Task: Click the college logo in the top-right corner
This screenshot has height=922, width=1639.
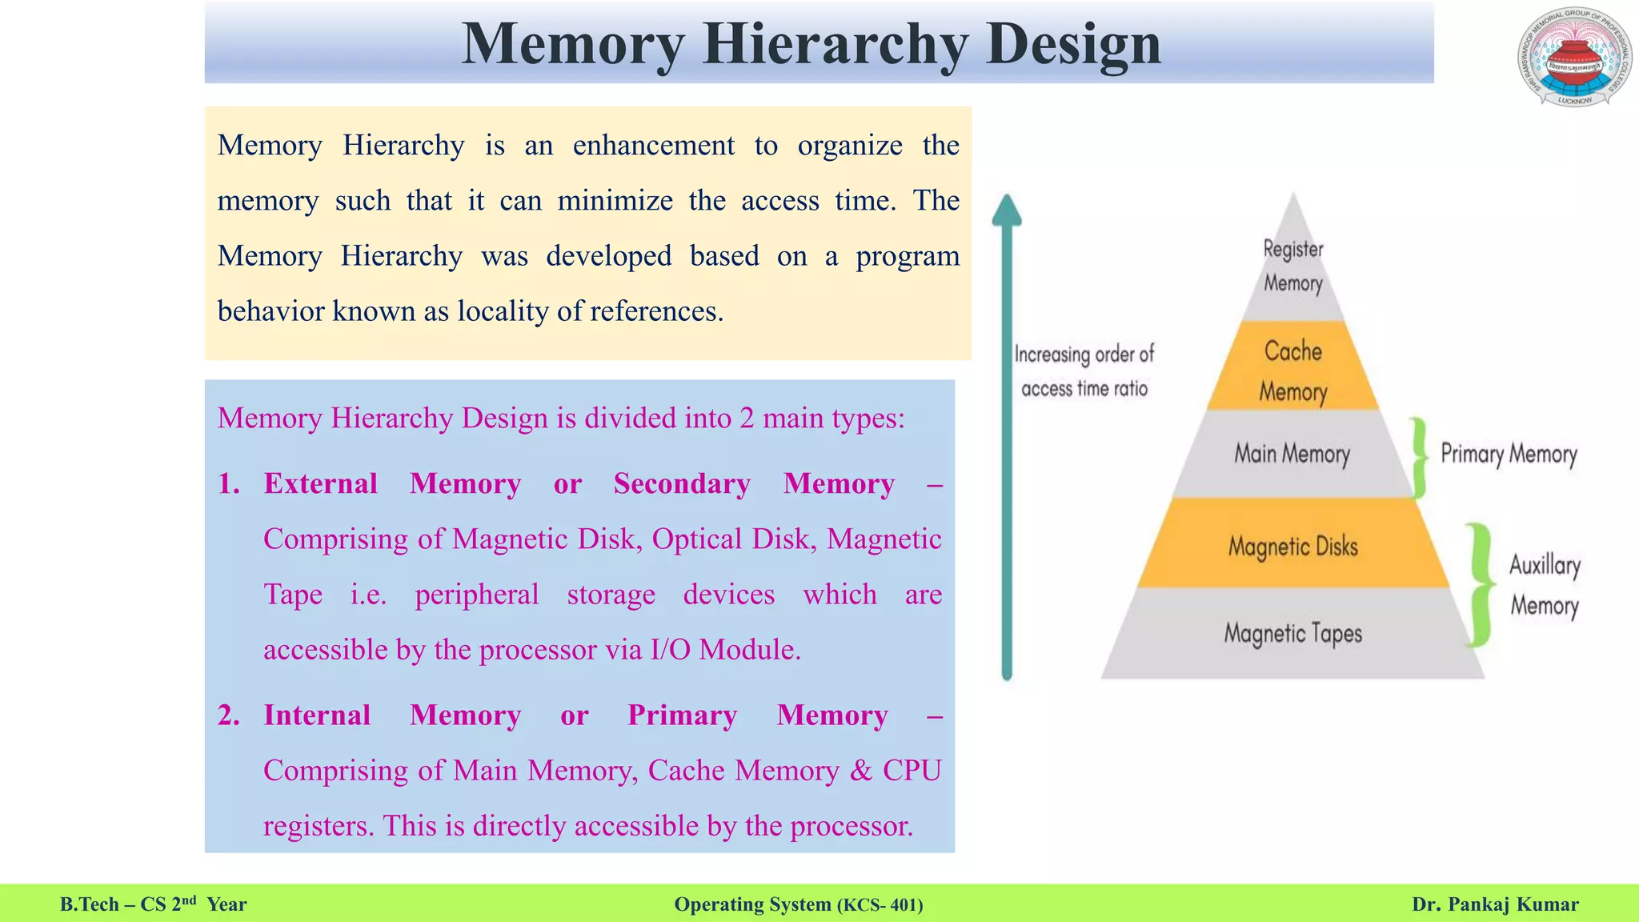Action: tap(1574, 58)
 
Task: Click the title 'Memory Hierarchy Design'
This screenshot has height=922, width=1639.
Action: tap(811, 43)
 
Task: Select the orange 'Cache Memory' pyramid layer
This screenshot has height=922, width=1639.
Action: tap(1293, 370)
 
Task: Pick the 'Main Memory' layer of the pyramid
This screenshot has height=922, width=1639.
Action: tap(1292, 454)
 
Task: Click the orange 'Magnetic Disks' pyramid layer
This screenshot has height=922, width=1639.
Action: tap(1293, 546)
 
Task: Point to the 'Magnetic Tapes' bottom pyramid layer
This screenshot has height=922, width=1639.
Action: tap(1292, 633)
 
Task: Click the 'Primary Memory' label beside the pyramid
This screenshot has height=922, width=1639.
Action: tap(1509, 454)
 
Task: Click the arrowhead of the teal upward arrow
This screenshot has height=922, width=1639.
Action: tap(1007, 209)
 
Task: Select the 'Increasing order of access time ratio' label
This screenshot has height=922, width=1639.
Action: tap(1084, 371)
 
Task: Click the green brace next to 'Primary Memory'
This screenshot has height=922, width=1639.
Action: tap(1418, 457)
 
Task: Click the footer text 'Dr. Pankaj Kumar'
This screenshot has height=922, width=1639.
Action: tap(1495, 904)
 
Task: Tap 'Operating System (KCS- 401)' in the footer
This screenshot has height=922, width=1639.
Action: tap(799, 904)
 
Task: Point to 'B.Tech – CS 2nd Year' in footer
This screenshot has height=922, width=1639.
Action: tap(154, 904)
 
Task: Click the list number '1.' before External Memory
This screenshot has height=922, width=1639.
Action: tap(229, 483)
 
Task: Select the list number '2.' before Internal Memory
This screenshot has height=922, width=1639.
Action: tap(229, 715)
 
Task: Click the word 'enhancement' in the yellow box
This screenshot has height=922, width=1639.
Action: tap(653, 146)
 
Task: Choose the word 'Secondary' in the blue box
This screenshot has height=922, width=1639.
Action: tap(682, 483)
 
